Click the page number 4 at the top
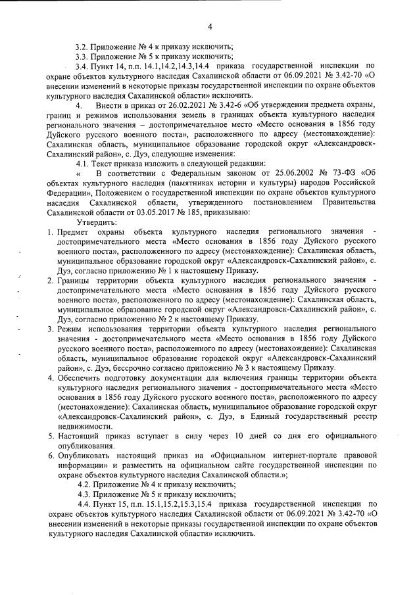[209, 27]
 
